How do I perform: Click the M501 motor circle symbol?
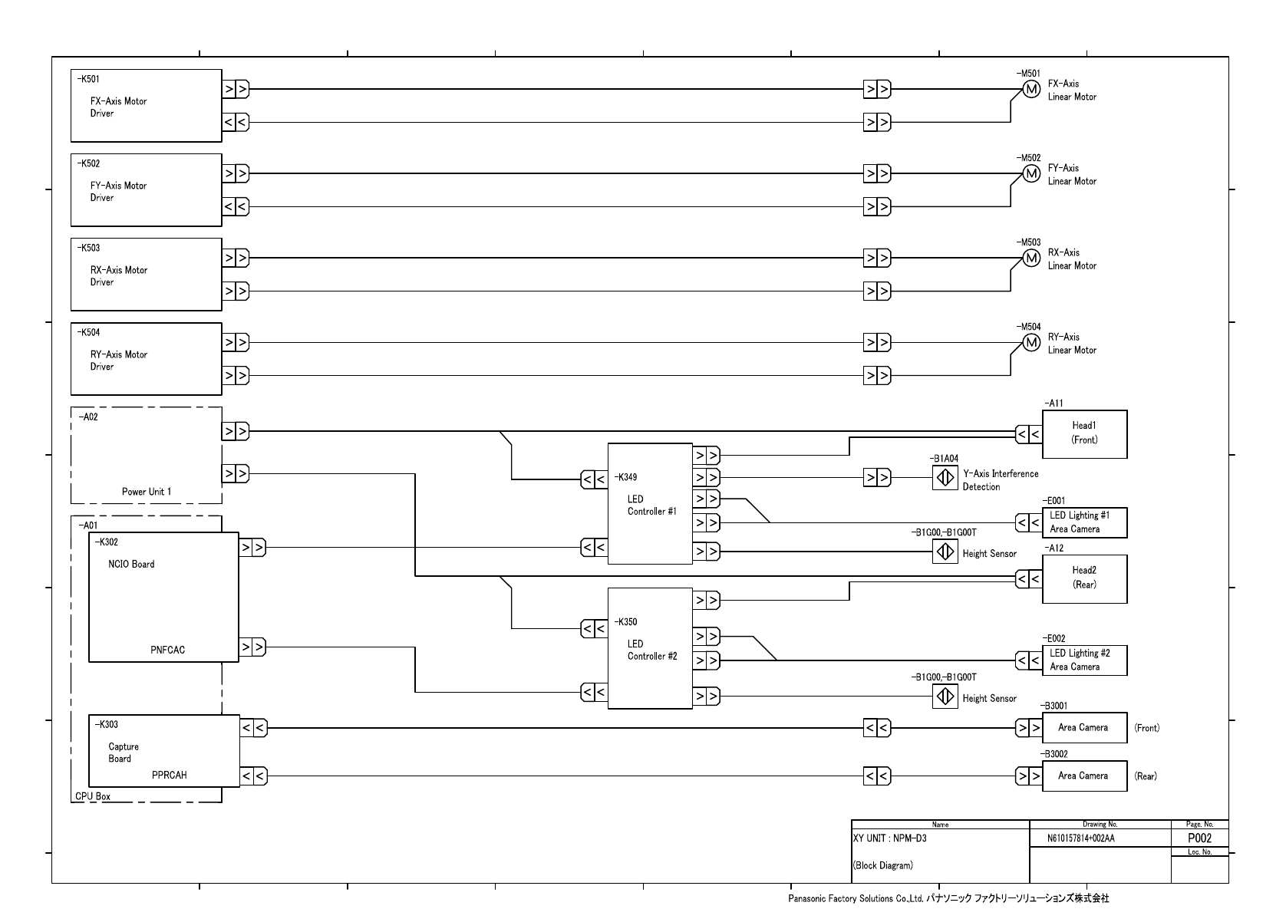tap(1032, 90)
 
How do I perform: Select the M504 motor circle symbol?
tap(1032, 343)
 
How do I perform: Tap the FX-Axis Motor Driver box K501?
tap(146, 106)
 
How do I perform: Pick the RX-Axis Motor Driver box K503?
tap(146, 275)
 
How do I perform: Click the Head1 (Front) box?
tap(1084, 434)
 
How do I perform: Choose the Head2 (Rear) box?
tap(1084, 578)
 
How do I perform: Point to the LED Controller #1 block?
tap(650, 504)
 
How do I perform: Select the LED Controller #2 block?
tap(650, 648)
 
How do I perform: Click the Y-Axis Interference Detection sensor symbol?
tap(945, 478)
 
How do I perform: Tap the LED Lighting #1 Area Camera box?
tap(1084, 522)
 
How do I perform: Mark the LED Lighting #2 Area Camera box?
tap(1084, 660)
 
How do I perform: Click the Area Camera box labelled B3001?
tap(1084, 728)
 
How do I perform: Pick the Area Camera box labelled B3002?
tap(1084, 776)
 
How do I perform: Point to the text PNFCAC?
tap(167, 650)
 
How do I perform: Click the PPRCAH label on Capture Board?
tap(169, 776)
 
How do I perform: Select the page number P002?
tap(1199, 838)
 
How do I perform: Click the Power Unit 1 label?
tap(147, 492)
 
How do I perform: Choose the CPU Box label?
tap(93, 796)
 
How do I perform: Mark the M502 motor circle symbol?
tap(1032, 174)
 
